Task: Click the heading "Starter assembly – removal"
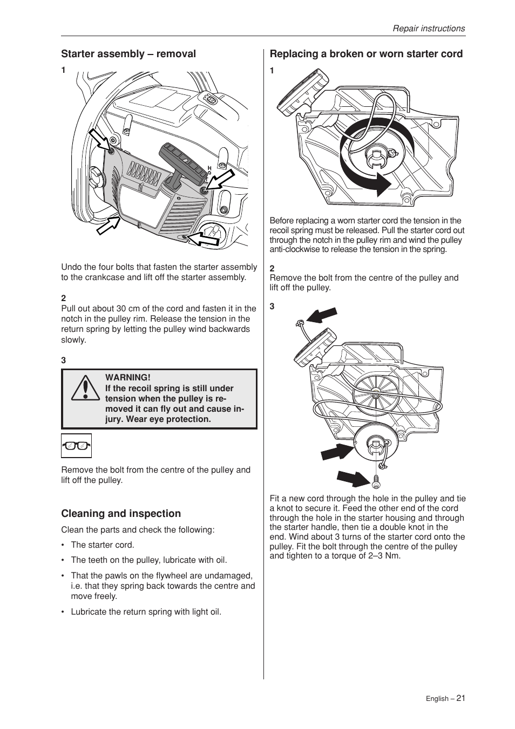pos(128,54)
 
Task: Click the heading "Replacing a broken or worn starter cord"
pos(366,54)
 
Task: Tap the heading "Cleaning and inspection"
pos(121,514)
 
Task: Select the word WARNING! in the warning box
pos(128,378)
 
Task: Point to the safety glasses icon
pos(76,446)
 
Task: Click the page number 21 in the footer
pos(460,698)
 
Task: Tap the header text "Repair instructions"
pos(429,29)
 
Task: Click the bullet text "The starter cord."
pos(103,545)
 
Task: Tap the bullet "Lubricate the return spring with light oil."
pos(146,612)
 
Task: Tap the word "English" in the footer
pos(437,699)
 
